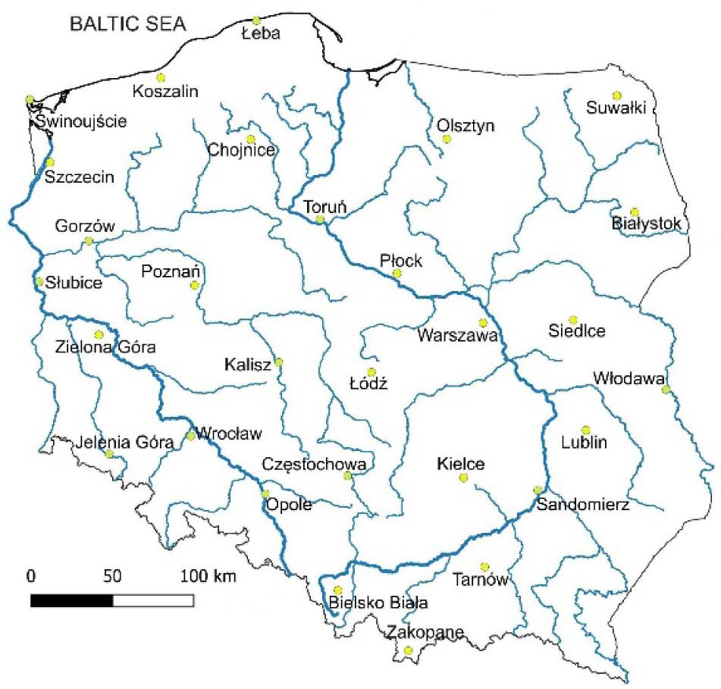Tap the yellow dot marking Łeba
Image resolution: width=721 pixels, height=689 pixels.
256,20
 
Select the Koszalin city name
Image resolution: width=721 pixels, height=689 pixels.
165,92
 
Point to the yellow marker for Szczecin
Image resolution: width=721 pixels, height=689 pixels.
50,162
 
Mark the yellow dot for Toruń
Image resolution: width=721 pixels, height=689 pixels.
320,220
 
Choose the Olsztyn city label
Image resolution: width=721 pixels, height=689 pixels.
466,125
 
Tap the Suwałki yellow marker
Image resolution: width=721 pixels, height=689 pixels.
616,95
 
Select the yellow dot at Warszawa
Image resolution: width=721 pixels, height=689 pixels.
483,323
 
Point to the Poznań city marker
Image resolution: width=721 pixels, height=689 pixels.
195,286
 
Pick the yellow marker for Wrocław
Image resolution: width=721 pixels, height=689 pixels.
191,436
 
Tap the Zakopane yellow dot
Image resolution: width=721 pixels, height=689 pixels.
409,650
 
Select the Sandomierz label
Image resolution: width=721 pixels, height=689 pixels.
582,506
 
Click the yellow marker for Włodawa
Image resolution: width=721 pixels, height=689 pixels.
666,390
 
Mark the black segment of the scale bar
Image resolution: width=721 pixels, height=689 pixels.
71,600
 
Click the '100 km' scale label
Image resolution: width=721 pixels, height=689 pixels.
208,576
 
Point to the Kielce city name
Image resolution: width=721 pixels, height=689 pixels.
460,463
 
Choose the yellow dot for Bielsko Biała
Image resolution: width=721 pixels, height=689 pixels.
338,590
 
